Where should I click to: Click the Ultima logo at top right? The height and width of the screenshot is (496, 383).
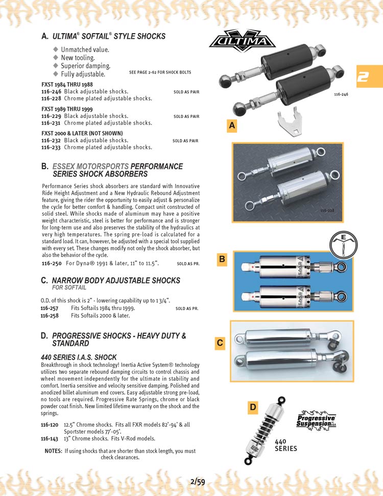[242, 42]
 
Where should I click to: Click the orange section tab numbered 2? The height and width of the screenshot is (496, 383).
[369, 77]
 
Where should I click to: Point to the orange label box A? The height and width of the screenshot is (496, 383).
[232, 126]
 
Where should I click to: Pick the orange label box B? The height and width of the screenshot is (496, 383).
[222, 259]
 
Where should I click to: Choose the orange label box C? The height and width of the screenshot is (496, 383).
[220, 343]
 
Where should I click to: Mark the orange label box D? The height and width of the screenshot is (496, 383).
[252, 407]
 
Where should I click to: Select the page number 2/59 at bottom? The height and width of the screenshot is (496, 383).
[197, 481]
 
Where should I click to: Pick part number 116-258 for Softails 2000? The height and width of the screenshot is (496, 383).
[50, 316]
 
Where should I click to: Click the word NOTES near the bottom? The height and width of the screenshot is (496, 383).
[53, 451]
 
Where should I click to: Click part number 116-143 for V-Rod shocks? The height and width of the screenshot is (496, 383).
[50, 439]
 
